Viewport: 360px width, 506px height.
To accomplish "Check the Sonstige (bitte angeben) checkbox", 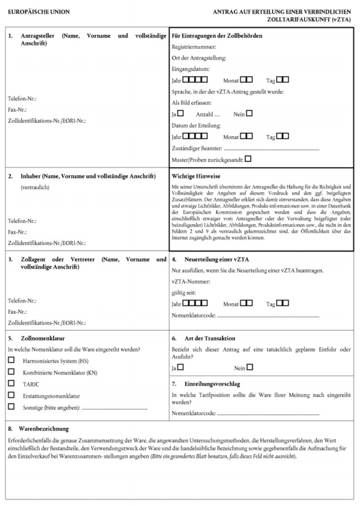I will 11,407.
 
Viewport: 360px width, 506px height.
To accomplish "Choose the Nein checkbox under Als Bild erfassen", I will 250,113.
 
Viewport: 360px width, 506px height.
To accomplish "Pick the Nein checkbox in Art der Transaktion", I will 250,367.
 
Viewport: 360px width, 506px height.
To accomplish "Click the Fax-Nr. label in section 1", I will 18,110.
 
